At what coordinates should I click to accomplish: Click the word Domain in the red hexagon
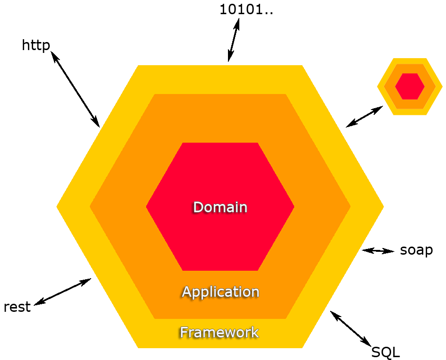(220, 207)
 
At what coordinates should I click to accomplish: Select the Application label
(220, 291)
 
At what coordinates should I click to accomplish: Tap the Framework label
(219, 332)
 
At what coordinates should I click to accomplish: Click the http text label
(36, 46)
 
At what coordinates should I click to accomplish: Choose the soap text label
(416, 250)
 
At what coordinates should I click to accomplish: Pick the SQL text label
(385, 351)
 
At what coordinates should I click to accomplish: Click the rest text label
(17, 307)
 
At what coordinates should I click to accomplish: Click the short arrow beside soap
(378, 251)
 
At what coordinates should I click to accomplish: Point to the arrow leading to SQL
(350, 327)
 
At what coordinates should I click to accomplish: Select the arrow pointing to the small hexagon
(364, 117)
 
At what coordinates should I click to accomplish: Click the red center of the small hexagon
(410, 86)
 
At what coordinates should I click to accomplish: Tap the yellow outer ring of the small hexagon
(410, 61)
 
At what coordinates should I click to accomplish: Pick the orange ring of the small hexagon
(410, 68)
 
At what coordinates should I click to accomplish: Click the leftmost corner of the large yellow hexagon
(58, 206)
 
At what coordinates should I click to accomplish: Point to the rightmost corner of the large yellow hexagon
(383, 206)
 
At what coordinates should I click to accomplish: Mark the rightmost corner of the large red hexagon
(293, 206)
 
